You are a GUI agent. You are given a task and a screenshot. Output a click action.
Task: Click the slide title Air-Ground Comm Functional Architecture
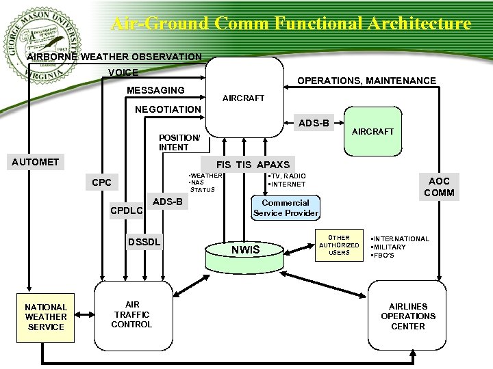click(291, 23)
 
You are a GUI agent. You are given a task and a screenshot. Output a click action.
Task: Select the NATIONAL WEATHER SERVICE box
click(45, 317)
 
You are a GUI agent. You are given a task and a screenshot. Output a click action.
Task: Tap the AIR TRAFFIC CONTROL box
click(131, 314)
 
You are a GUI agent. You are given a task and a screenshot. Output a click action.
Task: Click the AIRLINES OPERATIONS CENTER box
click(408, 316)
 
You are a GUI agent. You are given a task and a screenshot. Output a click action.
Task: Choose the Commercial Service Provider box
click(286, 208)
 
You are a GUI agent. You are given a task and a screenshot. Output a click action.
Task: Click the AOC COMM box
click(439, 187)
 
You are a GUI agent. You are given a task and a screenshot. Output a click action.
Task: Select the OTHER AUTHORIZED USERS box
click(339, 245)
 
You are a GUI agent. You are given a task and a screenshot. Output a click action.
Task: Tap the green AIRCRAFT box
click(372, 131)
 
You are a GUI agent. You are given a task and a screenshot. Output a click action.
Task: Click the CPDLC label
click(127, 210)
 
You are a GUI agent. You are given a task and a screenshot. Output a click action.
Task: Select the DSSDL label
click(144, 242)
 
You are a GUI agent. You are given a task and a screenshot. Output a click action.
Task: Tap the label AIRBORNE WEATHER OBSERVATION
click(114, 57)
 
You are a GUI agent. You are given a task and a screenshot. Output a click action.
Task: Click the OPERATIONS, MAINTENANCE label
click(366, 81)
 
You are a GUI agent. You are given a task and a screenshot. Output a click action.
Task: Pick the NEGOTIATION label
click(168, 109)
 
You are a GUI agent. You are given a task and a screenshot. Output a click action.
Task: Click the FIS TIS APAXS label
click(253, 164)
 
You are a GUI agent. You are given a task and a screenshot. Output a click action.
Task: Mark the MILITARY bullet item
click(390, 247)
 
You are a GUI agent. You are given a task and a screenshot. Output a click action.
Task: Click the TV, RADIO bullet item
click(288, 176)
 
